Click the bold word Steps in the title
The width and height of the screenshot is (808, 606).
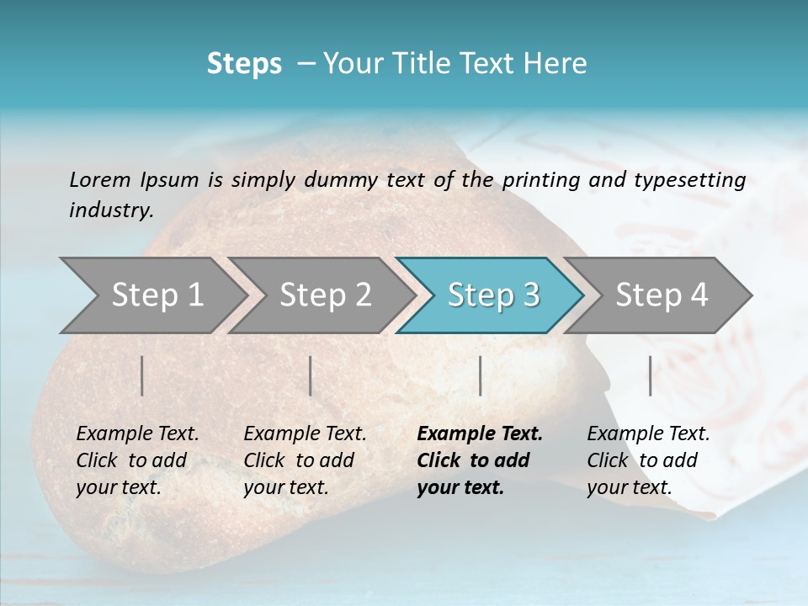244,64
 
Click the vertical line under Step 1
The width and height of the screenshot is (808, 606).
142,375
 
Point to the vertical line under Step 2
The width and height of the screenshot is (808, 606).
311,375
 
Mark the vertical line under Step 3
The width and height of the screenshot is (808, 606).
481,375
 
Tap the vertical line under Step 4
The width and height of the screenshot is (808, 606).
651,375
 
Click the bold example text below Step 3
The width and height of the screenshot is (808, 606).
478,460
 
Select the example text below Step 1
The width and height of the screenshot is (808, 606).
136,460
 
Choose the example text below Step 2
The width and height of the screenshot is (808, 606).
304,460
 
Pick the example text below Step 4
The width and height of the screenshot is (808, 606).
647,460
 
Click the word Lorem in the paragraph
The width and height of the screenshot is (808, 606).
100,180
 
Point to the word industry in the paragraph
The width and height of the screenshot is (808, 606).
110,210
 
